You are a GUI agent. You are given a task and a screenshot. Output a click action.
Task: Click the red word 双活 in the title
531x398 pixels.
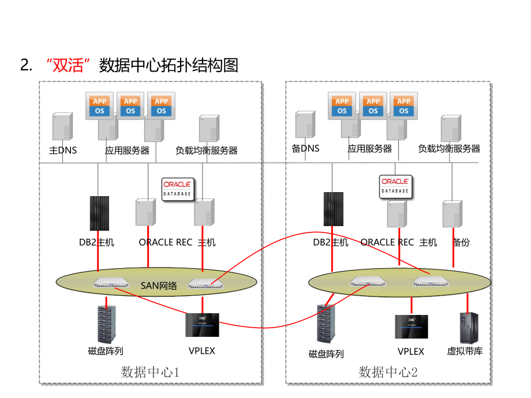(x=69, y=65)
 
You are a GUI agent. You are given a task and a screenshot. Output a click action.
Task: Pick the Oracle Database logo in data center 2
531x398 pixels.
(x=395, y=186)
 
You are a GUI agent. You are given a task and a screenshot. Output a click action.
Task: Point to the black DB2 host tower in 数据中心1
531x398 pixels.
(x=99, y=213)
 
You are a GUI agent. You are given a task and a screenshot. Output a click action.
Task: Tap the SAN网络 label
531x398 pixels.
(x=159, y=284)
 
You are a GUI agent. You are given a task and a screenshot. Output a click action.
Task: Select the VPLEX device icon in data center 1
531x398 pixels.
(x=202, y=325)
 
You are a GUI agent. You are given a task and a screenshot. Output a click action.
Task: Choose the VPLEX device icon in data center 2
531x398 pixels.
(x=411, y=326)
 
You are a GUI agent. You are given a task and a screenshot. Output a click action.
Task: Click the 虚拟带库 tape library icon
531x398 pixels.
(x=467, y=328)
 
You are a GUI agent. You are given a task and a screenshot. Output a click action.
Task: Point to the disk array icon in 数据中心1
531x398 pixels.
(x=106, y=324)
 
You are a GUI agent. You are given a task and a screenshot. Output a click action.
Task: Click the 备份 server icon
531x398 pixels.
(x=453, y=215)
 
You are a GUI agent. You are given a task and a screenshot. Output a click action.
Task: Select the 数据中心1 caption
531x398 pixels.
(x=151, y=372)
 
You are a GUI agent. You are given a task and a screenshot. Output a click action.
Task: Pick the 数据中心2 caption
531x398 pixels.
(x=388, y=372)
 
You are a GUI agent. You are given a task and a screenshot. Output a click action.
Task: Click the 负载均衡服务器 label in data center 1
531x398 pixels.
(x=207, y=151)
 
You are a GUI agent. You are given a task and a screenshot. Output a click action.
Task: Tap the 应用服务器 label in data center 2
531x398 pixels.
(x=370, y=149)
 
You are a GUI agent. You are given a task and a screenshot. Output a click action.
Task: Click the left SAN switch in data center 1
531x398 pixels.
(x=111, y=283)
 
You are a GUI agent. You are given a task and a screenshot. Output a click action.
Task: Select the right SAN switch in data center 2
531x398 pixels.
(x=429, y=282)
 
